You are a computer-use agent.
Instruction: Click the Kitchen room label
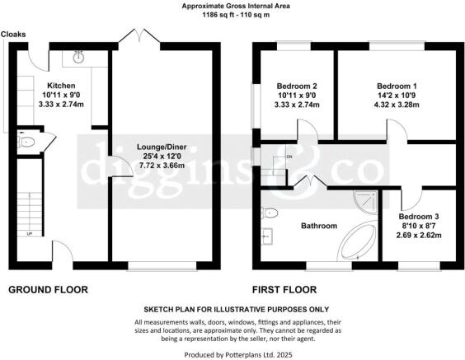[61, 86]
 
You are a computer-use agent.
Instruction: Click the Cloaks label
[12, 35]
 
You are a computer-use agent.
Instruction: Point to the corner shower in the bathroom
[364, 201]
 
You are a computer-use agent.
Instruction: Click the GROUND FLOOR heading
[48, 289]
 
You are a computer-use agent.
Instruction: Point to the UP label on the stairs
[31, 234]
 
